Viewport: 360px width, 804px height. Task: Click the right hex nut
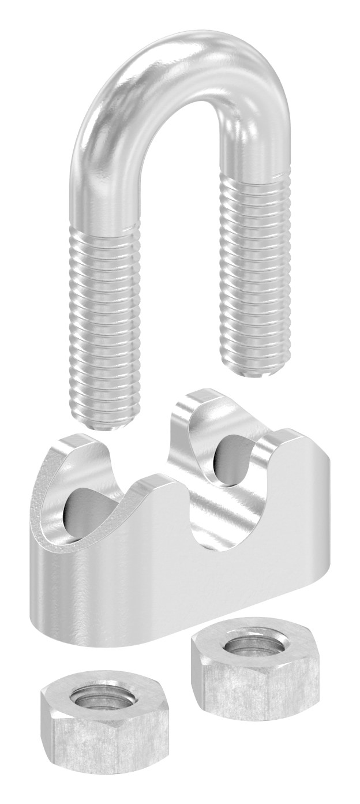(x=254, y=675)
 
